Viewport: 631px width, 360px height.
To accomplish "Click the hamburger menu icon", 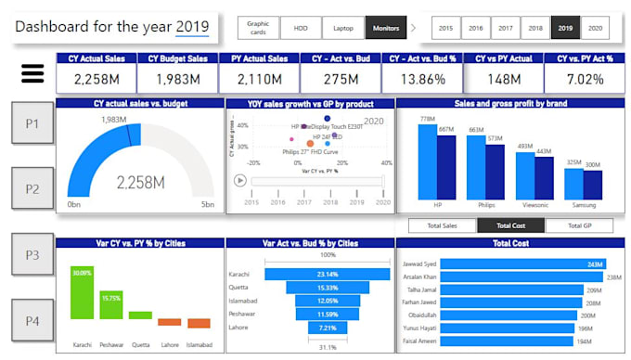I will click(32, 72).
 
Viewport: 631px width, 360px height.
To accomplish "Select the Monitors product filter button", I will click(386, 29).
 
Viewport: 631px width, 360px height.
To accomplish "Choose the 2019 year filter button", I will click(565, 29).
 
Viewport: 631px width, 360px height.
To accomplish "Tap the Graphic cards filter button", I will click(258, 29).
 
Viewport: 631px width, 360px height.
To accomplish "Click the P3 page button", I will click(32, 254).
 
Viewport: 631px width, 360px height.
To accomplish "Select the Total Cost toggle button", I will click(510, 225).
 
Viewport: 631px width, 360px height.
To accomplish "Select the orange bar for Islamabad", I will click(199, 324).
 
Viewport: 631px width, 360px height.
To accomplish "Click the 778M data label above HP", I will click(427, 119).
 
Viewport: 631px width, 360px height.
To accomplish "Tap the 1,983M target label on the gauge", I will click(113, 119).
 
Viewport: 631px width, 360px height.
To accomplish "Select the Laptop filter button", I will click(344, 29).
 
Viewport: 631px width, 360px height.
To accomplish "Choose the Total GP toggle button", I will click(578, 225).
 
